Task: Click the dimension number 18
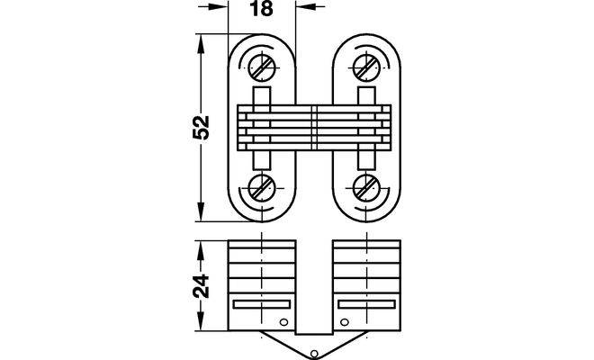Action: pos(262,8)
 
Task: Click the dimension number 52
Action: pos(201,128)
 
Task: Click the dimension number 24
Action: pos(201,285)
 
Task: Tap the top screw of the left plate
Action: pos(262,67)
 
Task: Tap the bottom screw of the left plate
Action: pos(262,188)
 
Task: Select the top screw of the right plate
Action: pos(366,67)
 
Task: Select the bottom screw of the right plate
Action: pos(366,188)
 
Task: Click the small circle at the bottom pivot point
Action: pos(314,354)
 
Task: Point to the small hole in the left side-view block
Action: pos(283,322)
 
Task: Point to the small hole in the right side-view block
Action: pos(345,322)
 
